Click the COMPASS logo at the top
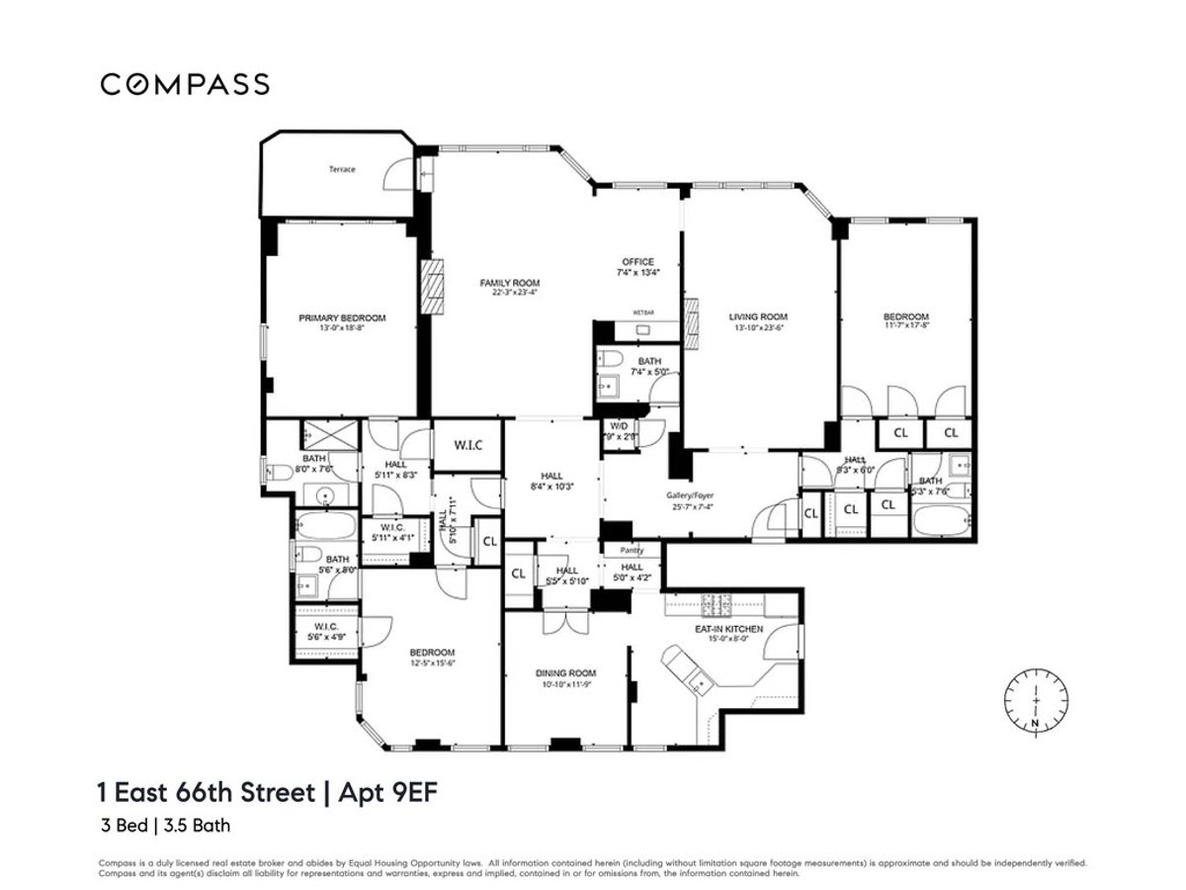185,84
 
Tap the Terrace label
342,169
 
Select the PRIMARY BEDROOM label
342,318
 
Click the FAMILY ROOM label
510,283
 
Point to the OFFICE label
637,261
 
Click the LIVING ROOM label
758,317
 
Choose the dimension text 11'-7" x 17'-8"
905,328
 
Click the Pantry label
632,549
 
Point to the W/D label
620,426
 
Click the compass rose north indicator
1034,704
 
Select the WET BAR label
644,312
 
